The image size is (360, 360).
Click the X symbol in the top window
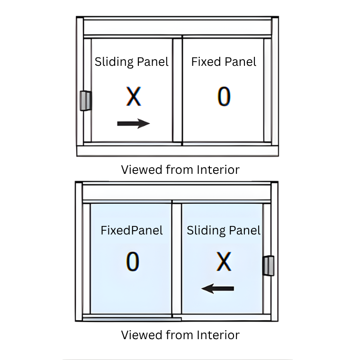tap(134, 96)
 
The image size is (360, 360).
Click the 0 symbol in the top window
tap(224, 96)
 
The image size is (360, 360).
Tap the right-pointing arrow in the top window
tap(134, 124)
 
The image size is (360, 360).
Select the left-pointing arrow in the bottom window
tap(217, 288)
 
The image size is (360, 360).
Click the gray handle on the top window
tap(86, 101)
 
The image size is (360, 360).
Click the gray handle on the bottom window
tap(269, 265)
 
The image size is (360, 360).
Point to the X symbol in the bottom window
tap(224, 261)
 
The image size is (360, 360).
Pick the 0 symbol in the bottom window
tap(133, 261)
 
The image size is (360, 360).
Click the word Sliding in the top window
tap(114, 62)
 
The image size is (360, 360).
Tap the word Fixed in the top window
tap(206, 62)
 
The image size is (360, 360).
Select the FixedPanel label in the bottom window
tap(132, 230)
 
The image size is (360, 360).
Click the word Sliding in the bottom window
tap(206, 231)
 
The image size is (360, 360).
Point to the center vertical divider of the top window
tap(178, 90)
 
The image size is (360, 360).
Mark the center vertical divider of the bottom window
tap(177, 259)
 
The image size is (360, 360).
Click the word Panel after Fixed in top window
tap(240, 62)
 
